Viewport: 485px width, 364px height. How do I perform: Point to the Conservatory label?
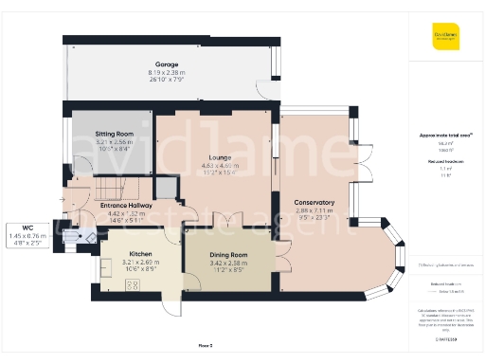(314, 202)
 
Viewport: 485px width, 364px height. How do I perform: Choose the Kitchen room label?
(141, 255)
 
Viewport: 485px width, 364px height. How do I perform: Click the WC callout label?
(26, 227)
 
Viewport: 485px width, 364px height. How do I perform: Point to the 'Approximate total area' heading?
(445, 136)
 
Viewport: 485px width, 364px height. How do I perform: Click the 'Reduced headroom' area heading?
(444, 162)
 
